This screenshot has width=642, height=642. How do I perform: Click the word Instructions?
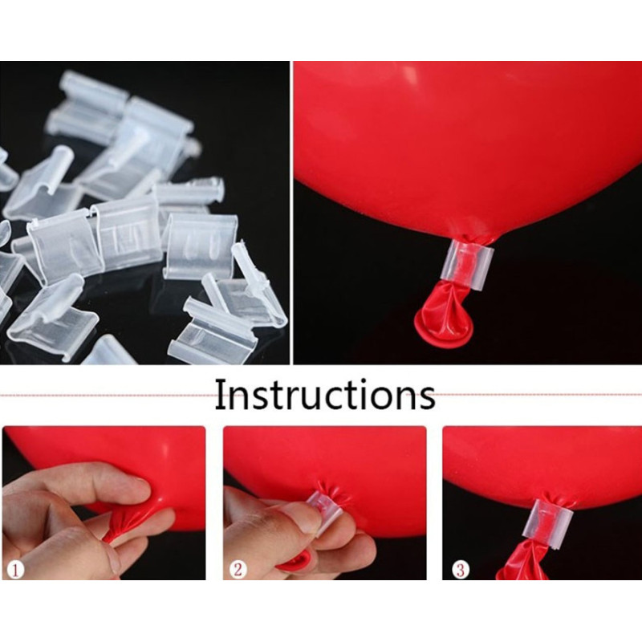(325, 394)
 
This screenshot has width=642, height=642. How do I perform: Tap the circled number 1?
(15, 570)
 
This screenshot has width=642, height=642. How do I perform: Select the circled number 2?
(238, 570)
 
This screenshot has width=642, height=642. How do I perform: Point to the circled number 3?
(460, 570)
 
